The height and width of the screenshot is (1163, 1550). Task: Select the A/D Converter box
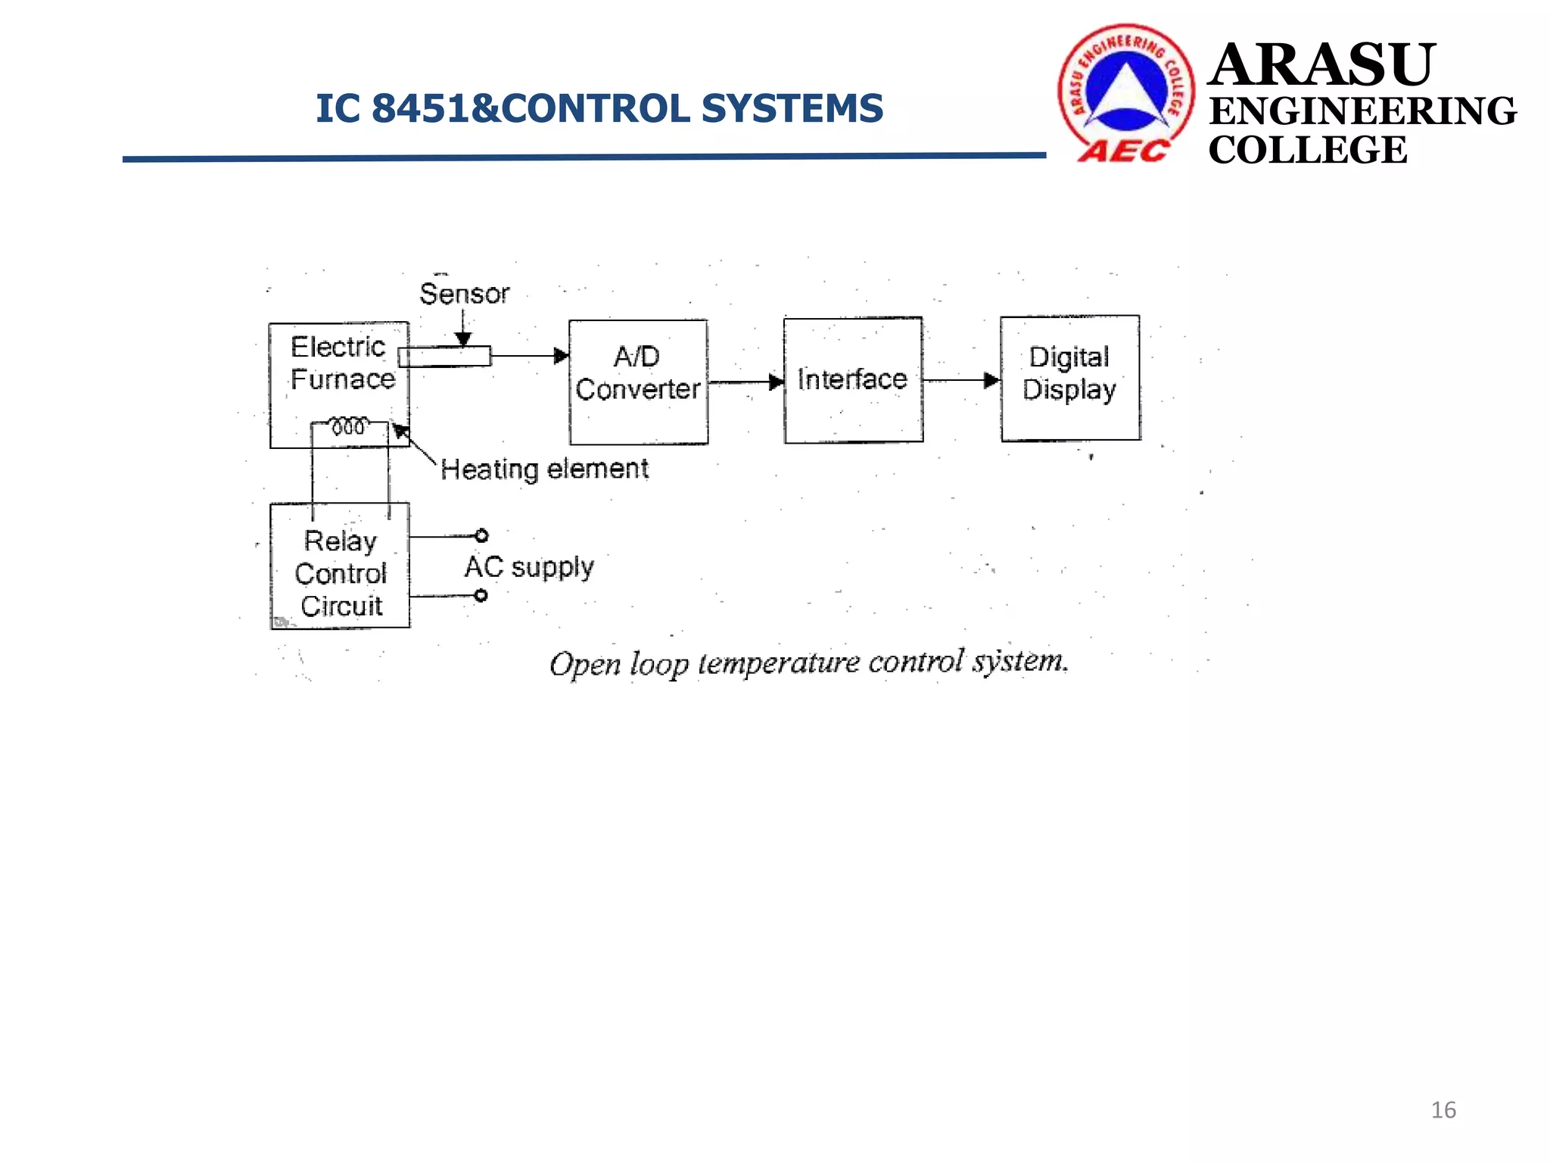[x=638, y=382]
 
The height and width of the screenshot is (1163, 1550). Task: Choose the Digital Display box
[x=1069, y=378]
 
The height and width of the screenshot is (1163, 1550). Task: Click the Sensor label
[x=464, y=294]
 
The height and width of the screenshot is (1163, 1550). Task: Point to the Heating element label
[x=544, y=469]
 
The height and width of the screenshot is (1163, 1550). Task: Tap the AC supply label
[x=529, y=567]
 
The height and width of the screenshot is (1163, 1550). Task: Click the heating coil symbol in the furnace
[x=349, y=426]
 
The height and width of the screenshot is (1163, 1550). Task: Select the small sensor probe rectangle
[x=444, y=357]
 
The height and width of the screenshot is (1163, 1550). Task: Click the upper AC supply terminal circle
[x=481, y=536]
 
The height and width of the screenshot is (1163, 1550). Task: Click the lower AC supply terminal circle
[x=481, y=596]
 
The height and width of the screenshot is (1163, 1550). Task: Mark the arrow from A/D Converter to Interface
[x=745, y=382]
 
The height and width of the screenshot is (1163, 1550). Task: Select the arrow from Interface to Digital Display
[x=961, y=380]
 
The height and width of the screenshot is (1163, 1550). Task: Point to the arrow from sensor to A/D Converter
[x=530, y=356]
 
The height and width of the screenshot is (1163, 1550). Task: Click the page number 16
[x=1443, y=1110]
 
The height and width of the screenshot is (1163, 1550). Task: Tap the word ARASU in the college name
[x=1321, y=65]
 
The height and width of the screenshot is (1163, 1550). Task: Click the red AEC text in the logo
[x=1123, y=151]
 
